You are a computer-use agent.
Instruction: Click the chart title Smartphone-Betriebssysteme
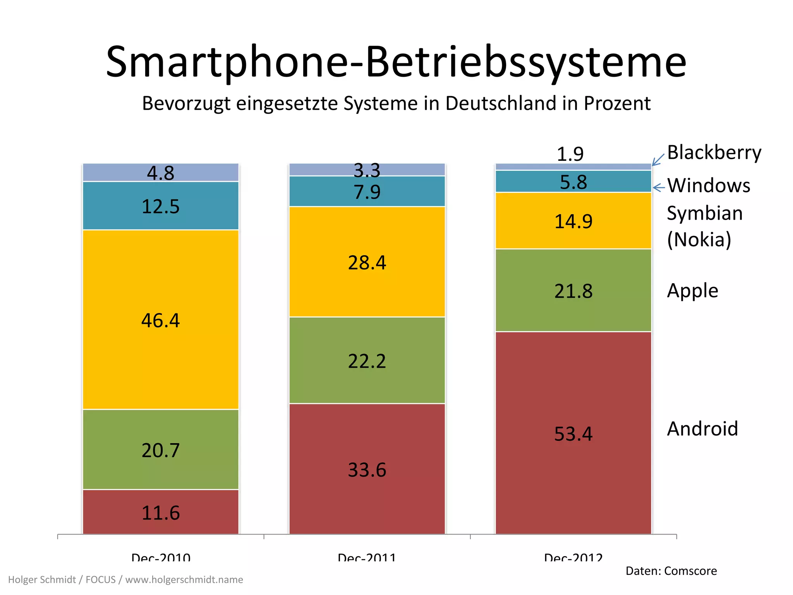pyautogui.click(x=396, y=62)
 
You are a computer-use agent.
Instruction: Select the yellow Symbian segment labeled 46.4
pyautogui.click(x=160, y=320)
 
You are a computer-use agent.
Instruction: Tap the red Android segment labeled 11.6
pyautogui.click(x=160, y=512)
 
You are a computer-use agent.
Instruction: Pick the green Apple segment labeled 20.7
pyautogui.click(x=160, y=450)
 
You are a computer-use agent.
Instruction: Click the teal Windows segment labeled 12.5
pyautogui.click(x=160, y=206)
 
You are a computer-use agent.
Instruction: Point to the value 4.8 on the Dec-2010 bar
pyautogui.click(x=160, y=173)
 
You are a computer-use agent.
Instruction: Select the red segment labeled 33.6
pyautogui.click(x=367, y=469)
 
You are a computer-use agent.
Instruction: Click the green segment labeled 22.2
pyautogui.click(x=367, y=361)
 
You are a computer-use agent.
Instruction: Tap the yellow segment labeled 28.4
pyautogui.click(x=367, y=262)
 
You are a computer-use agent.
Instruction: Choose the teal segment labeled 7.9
pyautogui.click(x=367, y=192)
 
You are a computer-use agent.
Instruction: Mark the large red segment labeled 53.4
pyautogui.click(x=573, y=433)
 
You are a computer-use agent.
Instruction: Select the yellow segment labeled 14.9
pyautogui.click(x=573, y=221)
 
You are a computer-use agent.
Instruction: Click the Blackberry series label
pyautogui.click(x=714, y=152)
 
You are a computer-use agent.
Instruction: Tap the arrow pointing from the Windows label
pyautogui.click(x=659, y=188)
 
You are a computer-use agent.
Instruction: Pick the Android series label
pyautogui.click(x=702, y=429)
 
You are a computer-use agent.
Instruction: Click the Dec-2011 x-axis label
pyautogui.click(x=367, y=557)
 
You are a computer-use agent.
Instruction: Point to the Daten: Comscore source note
pyautogui.click(x=671, y=571)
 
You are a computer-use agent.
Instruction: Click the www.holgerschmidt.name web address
pyautogui.click(x=184, y=580)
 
